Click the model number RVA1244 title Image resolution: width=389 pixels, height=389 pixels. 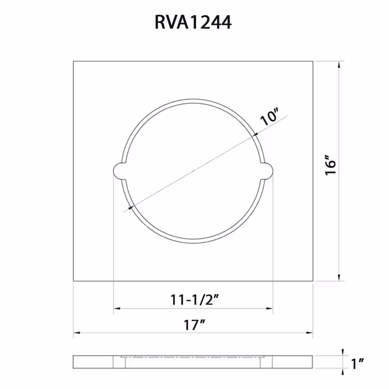[x=193, y=22]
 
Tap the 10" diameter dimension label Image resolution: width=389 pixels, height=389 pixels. [x=269, y=117]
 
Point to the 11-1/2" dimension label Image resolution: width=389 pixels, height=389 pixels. [x=194, y=300]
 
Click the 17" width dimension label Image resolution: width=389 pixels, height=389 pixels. [x=194, y=325]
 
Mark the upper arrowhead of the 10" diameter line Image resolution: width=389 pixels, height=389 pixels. [x=254, y=135]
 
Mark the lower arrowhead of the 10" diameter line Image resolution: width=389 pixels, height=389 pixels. [x=131, y=207]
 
